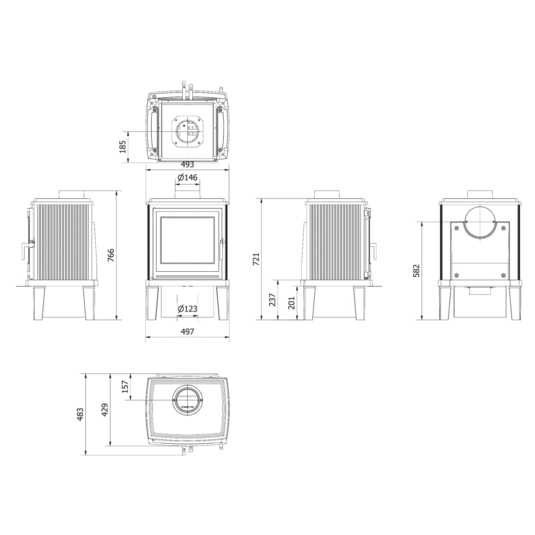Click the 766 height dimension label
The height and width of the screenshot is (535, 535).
111,255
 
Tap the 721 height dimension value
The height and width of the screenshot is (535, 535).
256,259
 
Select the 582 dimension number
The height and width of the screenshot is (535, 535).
417,271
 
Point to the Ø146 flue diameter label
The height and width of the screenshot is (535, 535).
187,177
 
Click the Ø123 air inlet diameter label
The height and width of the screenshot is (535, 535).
187,308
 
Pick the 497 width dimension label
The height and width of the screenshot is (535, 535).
187,331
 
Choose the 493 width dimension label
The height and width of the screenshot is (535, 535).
187,165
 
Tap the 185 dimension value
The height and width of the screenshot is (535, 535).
122,147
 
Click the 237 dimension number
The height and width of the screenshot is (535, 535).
273,300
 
